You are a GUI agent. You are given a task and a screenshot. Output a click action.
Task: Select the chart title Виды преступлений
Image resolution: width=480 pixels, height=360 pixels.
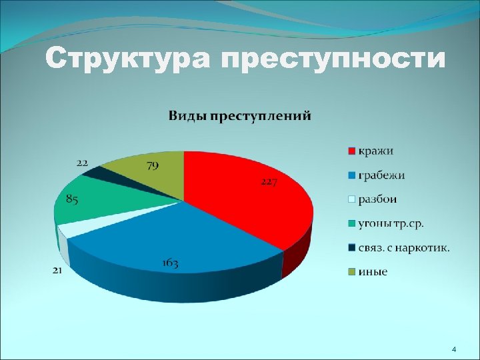pyautogui.click(x=239, y=116)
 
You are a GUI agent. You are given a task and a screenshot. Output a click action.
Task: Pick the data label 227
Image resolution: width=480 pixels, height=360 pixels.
pyautogui.click(x=269, y=182)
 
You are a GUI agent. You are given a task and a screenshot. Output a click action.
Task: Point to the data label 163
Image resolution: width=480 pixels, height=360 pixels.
pyautogui.click(x=170, y=263)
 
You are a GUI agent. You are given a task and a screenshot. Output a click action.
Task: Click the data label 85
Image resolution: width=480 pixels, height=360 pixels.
pyautogui.click(x=73, y=199)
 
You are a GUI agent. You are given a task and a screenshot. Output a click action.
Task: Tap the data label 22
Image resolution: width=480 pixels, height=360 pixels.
pyautogui.click(x=83, y=162)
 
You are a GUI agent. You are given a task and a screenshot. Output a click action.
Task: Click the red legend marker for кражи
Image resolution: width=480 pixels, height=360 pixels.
pyautogui.click(x=351, y=151)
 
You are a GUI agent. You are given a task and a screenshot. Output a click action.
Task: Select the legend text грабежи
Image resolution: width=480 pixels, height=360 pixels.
pyautogui.click(x=381, y=175)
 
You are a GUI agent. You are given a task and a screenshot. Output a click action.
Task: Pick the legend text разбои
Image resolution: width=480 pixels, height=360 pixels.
pyautogui.click(x=378, y=199)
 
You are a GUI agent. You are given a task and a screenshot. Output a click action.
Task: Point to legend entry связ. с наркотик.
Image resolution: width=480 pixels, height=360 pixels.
pyautogui.click(x=403, y=247)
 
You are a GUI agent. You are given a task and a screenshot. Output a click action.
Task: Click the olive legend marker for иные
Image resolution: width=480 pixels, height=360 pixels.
pyautogui.click(x=351, y=272)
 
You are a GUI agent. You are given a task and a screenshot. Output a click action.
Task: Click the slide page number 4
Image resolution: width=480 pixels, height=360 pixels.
pyautogui.click(x=453, y=349)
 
